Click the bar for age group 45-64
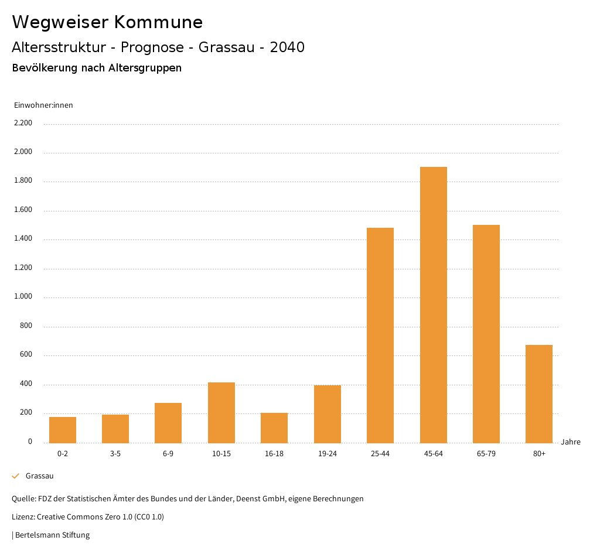pos(433,305)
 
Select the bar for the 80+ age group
pos(539,394)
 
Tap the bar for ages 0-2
pos(63,430)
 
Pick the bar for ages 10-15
pos(221,412)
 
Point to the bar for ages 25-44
pos(380,335)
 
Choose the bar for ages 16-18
pos(274,428)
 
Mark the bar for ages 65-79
pos(486,334)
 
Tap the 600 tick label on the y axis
pos(26,355)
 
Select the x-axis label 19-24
pos(327,454)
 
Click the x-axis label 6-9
pos(168,454)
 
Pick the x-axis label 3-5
pos(115,454)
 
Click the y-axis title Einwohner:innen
pos(43,105)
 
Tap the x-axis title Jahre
pos(570,442)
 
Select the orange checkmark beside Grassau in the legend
pos(16,476)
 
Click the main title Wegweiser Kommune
pos(107,22)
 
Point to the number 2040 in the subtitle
pos(287,47)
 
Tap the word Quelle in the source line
pos(23,499)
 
